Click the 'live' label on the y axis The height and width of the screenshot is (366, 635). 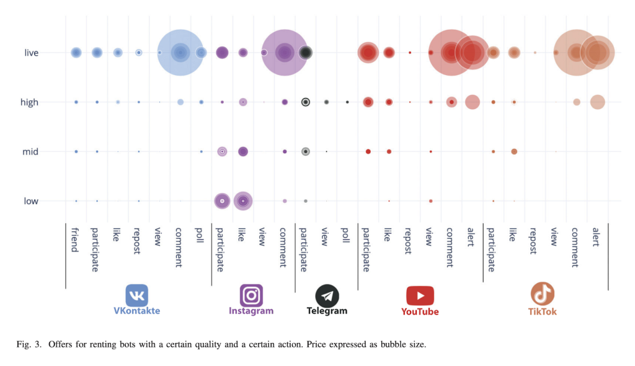click(x=31, y=53)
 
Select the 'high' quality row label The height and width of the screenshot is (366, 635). click(x=29, y=102)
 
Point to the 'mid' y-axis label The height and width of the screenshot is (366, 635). click(x=30, y=151)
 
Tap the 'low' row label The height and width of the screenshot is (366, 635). click(x=31, y=201)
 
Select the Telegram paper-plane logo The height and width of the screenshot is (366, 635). click(x=327, y=295)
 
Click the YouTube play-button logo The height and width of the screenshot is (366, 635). click(x=420, y=295)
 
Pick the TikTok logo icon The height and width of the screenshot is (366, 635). click(x=542, y=294)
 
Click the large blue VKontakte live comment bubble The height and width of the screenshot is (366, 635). click(x=180, y=53)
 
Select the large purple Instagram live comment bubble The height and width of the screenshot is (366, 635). click(x=285, y=53)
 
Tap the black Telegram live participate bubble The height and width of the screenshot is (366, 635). click(x=305, y=53)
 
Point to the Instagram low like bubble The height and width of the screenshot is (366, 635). click(x=243, y=200)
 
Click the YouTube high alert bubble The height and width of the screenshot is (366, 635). click(x=473, y=102)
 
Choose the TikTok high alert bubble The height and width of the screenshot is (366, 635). click(x=597, y=102)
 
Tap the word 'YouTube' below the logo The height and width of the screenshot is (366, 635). click(x=420, y=311)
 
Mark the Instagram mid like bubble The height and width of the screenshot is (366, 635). click(x=243, y=151)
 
